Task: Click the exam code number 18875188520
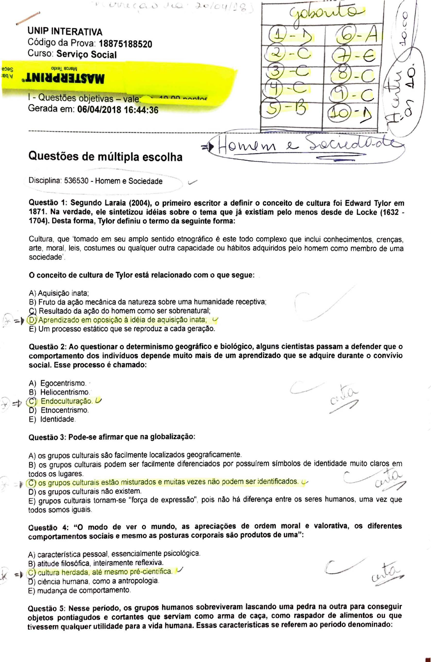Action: (125, 44)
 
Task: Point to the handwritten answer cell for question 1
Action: (290, 36)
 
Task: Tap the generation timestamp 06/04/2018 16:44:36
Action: (118, 110)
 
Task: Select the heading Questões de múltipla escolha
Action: (105, 157)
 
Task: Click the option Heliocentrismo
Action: (65, 392)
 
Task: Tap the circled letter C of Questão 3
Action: (31, 483)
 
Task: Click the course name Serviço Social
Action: (86, 54)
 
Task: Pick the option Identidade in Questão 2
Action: (57, 419)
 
